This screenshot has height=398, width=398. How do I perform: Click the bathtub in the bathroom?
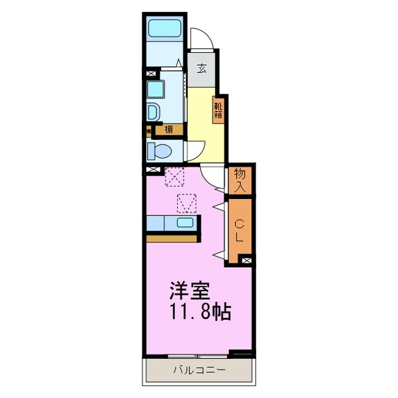point(163,28)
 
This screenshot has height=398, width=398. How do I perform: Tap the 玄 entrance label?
point(200,68)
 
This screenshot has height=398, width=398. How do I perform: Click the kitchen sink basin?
point(186,223)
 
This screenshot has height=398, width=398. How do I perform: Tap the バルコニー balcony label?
point(199,369)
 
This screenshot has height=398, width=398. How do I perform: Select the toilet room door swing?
point(194,151)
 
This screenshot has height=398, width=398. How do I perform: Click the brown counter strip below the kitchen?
point(172,237)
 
